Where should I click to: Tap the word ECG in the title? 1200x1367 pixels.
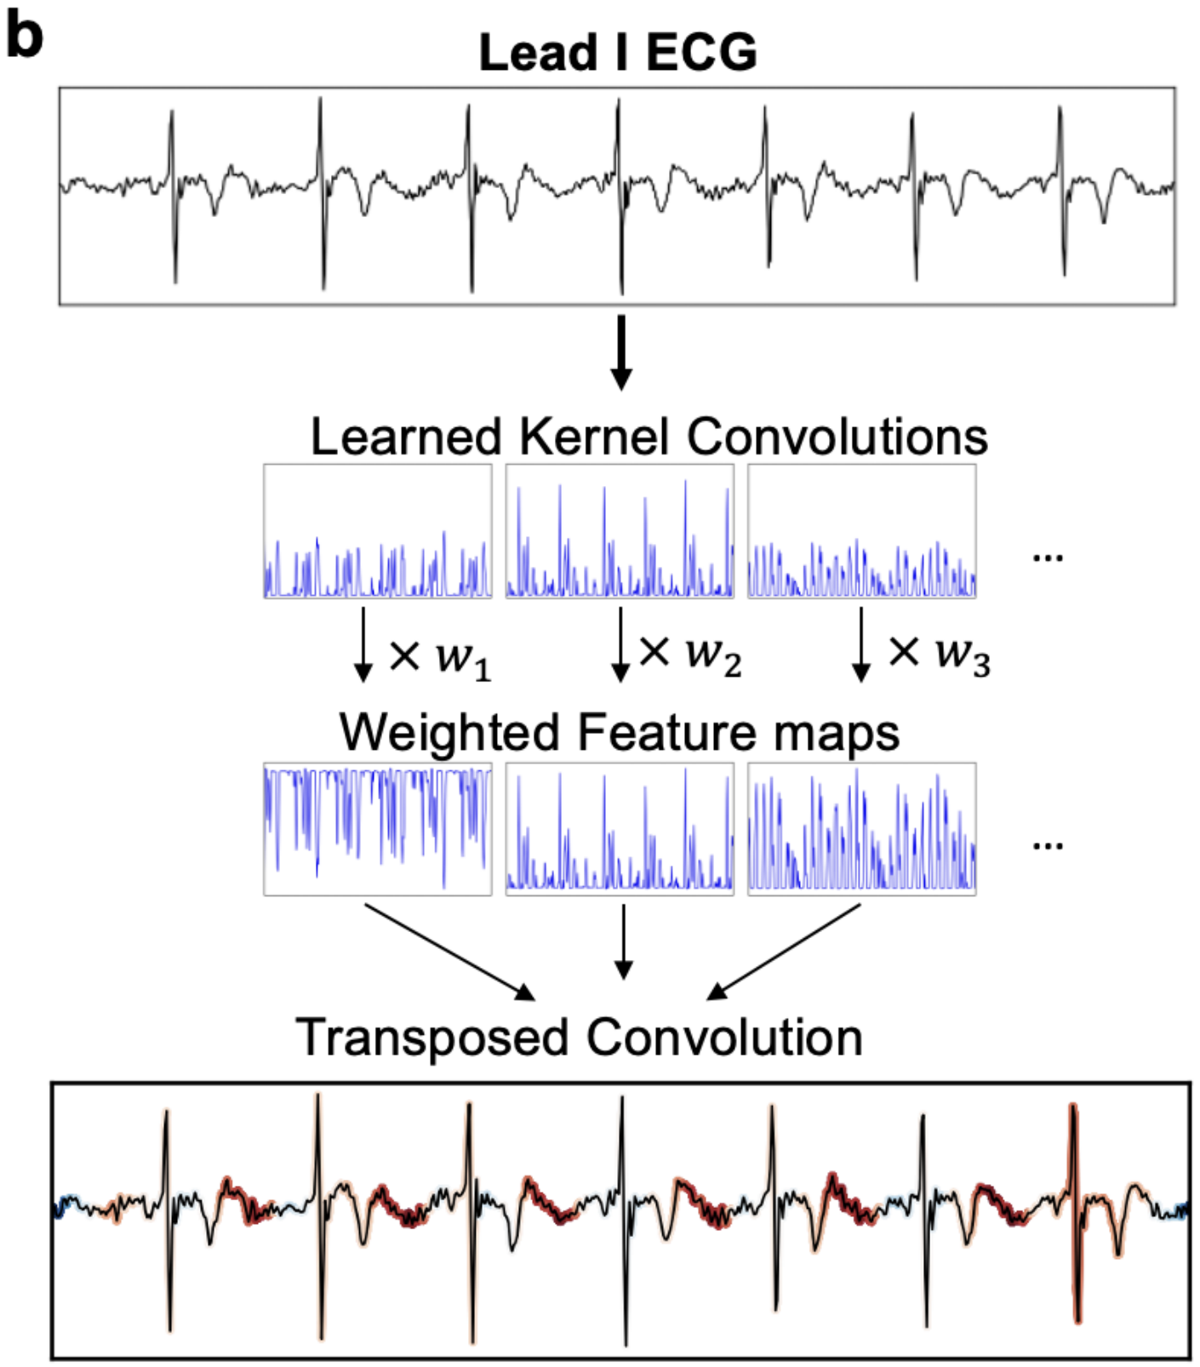(x=701, y=53)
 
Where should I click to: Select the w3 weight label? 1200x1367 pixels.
(x=963, y=655)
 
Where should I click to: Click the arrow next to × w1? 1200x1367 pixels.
(x=363, y=643)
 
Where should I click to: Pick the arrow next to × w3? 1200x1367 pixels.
(x=861, y=643)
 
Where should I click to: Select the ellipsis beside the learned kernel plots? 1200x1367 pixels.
(x=1048, y=558)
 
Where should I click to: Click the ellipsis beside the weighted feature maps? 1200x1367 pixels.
(x=1048, y=846)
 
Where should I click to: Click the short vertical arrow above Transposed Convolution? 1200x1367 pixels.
(x=624, y=941)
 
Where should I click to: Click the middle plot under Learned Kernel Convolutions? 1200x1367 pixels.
(x=620, y=531)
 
